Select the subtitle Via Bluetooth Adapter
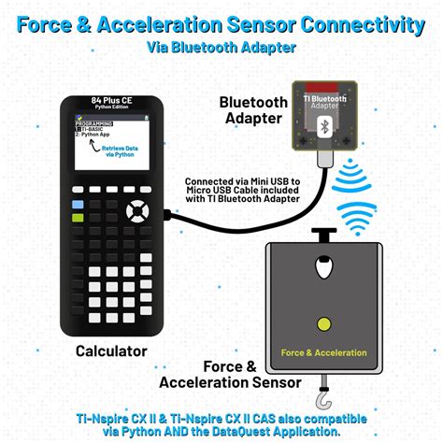tap(221, 46)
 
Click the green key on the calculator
tap(78, 216)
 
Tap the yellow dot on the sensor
tap(323, 324)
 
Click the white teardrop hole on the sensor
tap(322, 271)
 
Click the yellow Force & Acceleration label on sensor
tap(323, 353)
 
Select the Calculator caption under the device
tap(111, 351)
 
